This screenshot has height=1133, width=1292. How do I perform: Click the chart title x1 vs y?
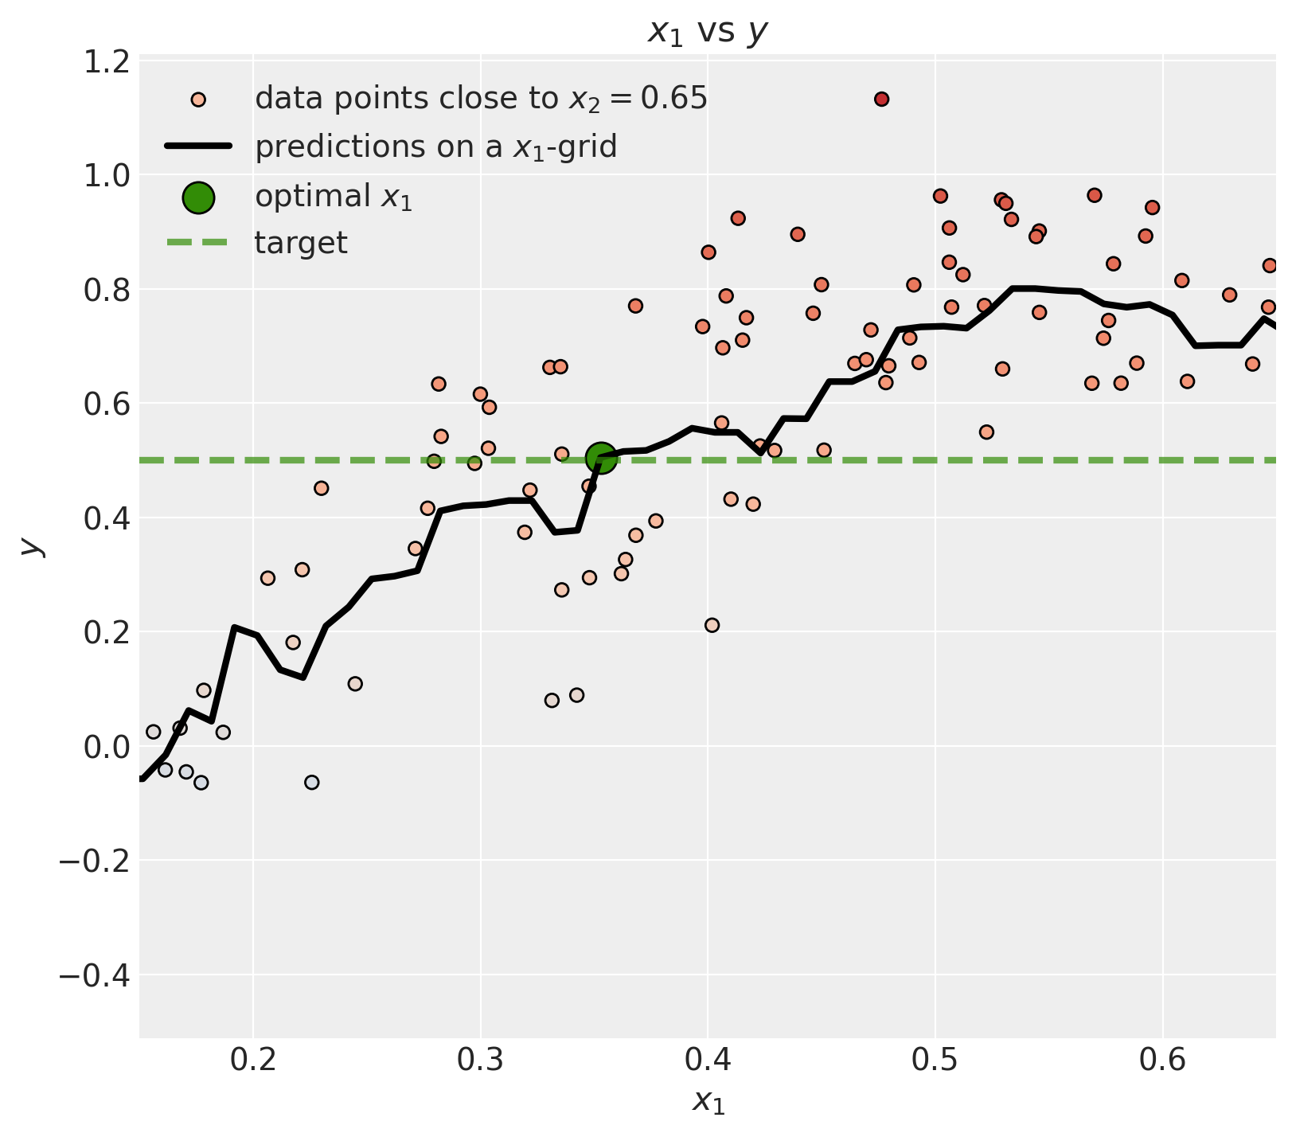pyautogui.click(x=708, y=32)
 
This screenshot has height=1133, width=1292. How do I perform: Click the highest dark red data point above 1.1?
pyautogui.click(x=881, y=100)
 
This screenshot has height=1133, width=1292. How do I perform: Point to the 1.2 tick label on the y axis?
pyautogui.click(x=107, y=61)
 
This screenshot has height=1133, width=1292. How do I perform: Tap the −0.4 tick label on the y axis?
pyautogui.click(x=94, y=975)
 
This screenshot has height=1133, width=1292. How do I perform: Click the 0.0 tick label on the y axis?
pyautogui.click(x=107, y=747)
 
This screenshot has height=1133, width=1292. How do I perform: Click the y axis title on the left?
pyautogui.click(x=30, y=546)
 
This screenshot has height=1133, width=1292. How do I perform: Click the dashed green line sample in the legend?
pyautogui.click(x=198, y=243)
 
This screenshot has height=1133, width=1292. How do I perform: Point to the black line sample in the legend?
pyautogui.click(x=198, y=147)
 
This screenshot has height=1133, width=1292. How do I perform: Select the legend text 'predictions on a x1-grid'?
pyautogui.click(x=435, y=147)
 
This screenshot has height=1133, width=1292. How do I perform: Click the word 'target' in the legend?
pyautogui.click(x=301, y=243)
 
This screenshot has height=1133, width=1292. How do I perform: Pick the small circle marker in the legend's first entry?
pyautogui.click(x=198, y=100)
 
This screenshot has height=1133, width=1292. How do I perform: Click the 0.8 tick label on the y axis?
pyautogui.click(x=107, y=290)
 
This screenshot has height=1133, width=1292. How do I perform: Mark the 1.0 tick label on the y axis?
pyautogui.click(x=107, y=175)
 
